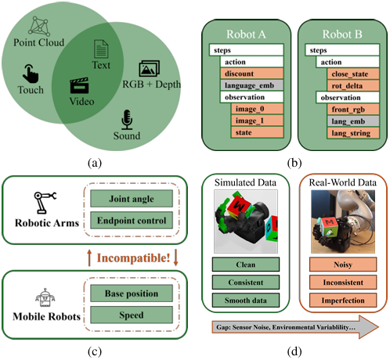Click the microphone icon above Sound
[x=127, y=120]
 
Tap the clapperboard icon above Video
[x=79, y=85]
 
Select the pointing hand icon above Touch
[x=31, y=74]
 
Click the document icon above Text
[x=101, y=49]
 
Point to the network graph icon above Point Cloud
[x=39, y=26]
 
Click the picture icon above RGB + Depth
[x=150, y=68]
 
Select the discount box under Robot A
[x=252, y=74]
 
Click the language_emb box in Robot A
[x=252, y=85]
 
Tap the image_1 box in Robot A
[x=257, y=121]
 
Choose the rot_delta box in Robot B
[x=353, y=86]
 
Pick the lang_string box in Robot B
[x=353, y=133]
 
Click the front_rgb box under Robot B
[x=353, y=110]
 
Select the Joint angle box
[x=132, y=199]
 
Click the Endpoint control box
[x=132, y=221]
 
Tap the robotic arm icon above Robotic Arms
[x=45, y=203]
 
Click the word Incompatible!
[x=133, y=258]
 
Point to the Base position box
[x=132, y=293]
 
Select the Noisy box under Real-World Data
[x=343, y=265]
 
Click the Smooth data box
[x=246, y=301]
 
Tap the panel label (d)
[x=294, y=351]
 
